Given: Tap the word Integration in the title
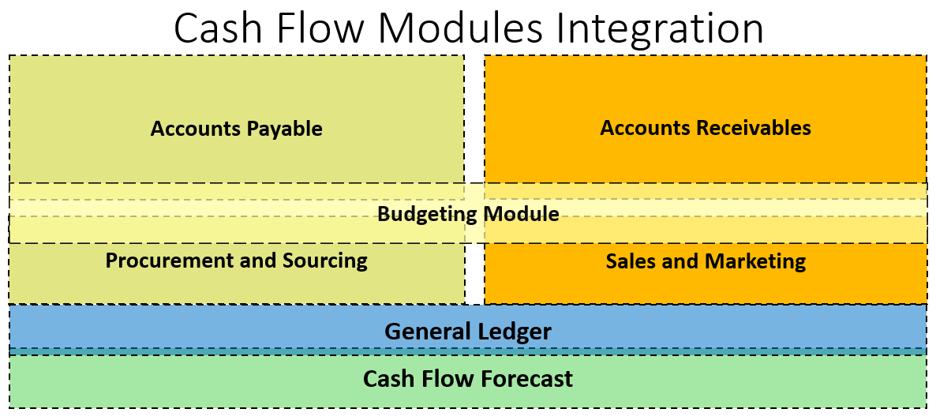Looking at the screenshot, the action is pos(659,30).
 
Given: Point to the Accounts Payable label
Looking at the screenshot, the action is pos(237,129).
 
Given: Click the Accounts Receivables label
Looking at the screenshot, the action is pos(706,127).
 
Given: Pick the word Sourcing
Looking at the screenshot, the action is pos(325,261).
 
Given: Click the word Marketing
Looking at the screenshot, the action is pos(755,261).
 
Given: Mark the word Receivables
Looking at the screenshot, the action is pos(754,127).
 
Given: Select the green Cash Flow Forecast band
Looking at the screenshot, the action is pos(468,381).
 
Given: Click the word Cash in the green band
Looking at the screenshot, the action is pos(386,378).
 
